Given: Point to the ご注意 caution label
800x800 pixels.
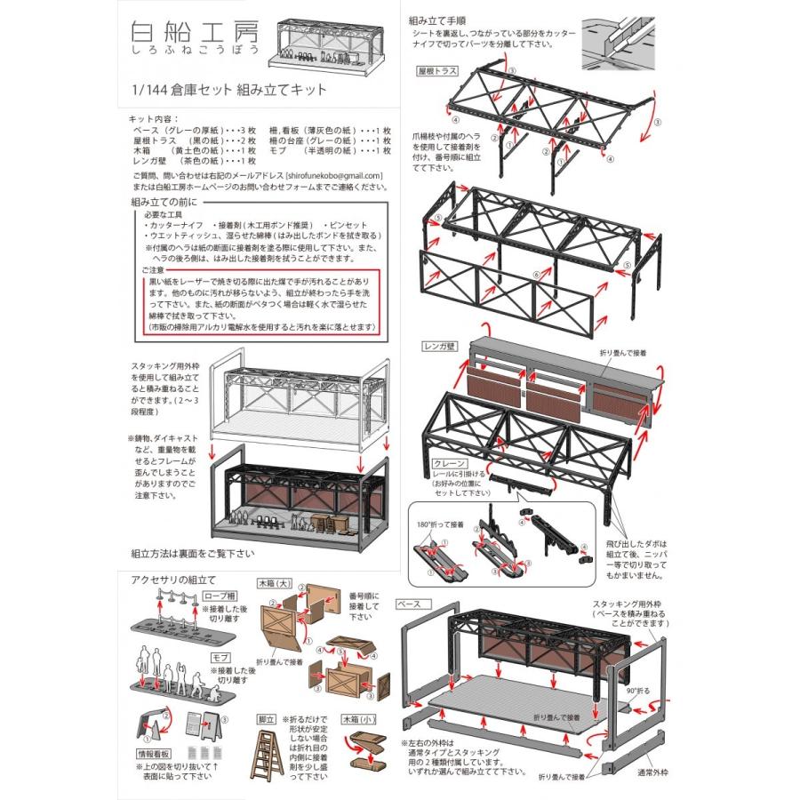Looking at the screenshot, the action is pos(152,268).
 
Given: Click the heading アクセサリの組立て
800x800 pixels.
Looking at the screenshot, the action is pos(173,580).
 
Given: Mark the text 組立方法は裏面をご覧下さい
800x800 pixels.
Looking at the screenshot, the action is pos(198,552).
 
